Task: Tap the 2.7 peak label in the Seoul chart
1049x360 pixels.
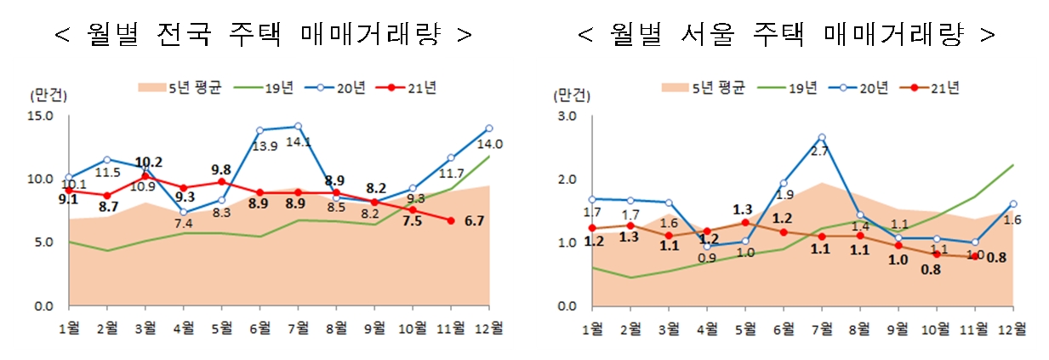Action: [820, 152]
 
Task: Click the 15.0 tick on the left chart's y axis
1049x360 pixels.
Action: [42, 116]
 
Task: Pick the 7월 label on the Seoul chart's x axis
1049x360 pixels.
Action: [821, 329]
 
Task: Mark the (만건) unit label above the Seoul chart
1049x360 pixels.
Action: [568, 95]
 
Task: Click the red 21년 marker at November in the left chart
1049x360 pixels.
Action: [451, 220]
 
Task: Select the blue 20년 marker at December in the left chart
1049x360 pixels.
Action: [488, 129]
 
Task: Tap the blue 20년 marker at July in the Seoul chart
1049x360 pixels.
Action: [821, 137]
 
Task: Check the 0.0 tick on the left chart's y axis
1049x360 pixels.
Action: [44, 306]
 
